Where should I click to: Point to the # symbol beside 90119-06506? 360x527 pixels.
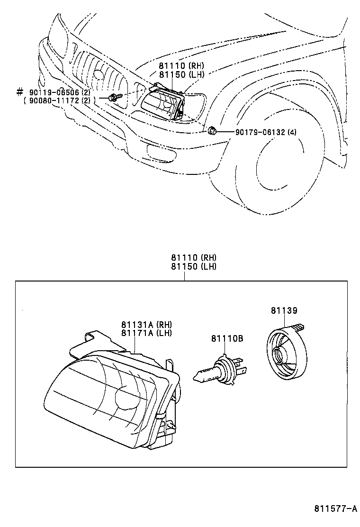tap(19, 91)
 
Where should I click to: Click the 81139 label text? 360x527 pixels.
tap(284, 311)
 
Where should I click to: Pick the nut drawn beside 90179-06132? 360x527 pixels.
tap(213, 131)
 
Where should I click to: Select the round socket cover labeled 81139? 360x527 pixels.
tap(284, 353)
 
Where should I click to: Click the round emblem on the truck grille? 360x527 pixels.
tap(99, 74)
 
